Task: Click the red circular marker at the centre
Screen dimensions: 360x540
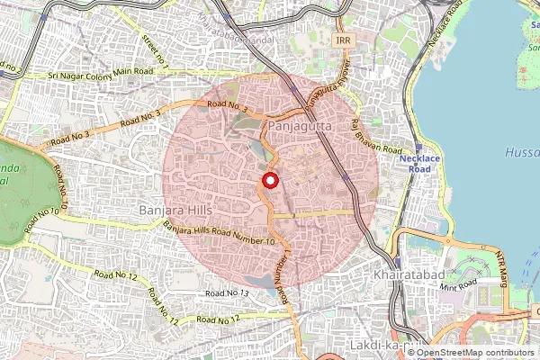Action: coord(269,181)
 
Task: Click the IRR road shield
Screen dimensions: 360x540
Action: coord(342,41)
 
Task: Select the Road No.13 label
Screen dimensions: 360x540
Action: coord(226,293)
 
